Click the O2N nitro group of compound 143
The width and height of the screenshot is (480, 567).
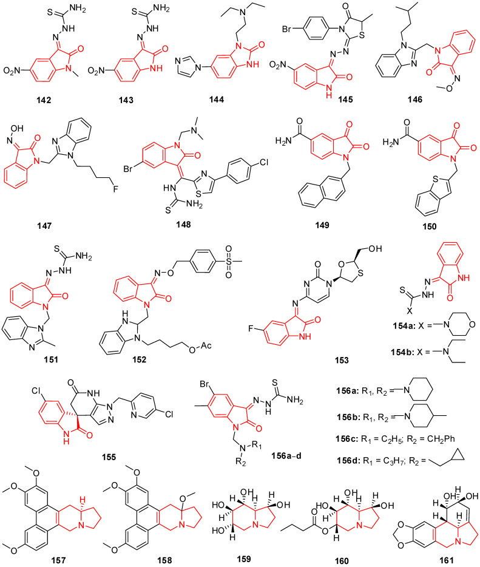coord(101,79)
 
